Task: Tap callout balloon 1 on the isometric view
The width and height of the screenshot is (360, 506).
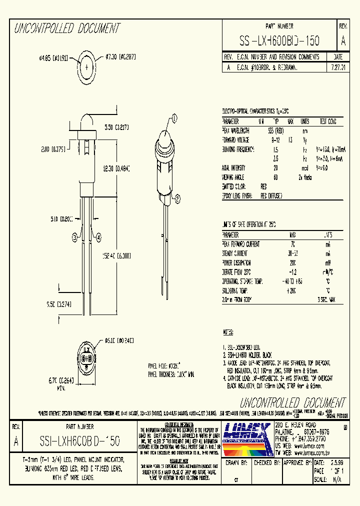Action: click(x=174, y=118)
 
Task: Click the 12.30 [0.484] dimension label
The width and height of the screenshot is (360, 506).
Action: click(x=115, y=169)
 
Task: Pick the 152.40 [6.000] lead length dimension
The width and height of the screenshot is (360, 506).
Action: click(x=115, y=255)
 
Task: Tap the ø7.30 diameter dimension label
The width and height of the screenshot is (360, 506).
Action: click(x=120, y=57)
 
